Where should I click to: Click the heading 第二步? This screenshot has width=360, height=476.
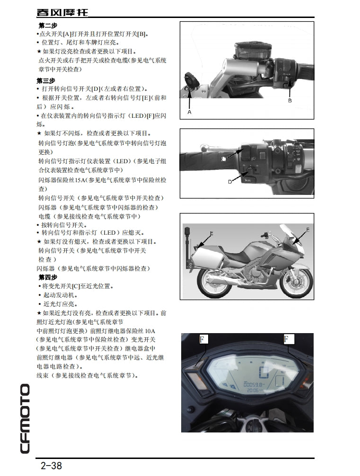click(47, 26)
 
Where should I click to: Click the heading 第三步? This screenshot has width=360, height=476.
click(46, 80)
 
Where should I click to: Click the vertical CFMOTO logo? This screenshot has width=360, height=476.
click(25, 418)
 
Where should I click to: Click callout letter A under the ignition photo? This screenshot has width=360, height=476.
click(189, 113)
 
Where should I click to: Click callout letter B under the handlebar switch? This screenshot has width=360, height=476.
click(290, 101)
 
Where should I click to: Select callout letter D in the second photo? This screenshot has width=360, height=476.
click(230, 182)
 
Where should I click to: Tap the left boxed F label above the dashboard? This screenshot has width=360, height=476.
click(203, 339)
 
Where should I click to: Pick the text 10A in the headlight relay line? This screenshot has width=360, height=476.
click(150, 331)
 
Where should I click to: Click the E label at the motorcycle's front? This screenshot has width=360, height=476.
click(307, 229)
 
